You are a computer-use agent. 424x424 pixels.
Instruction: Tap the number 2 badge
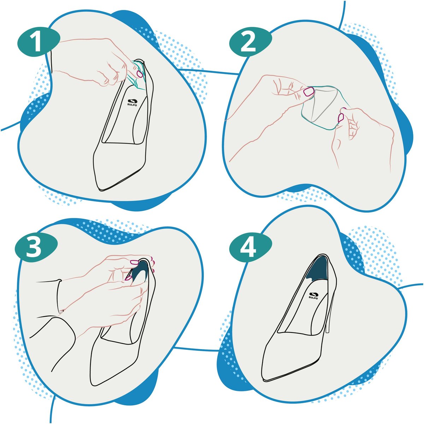251,43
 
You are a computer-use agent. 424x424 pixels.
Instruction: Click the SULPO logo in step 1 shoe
132,102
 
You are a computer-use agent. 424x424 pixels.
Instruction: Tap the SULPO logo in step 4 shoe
313,295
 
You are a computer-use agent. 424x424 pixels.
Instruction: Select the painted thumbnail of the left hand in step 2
309,91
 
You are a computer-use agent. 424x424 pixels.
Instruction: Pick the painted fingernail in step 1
140,73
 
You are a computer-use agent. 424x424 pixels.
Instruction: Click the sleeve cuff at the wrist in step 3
59,296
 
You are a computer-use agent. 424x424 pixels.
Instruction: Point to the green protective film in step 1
137,74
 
